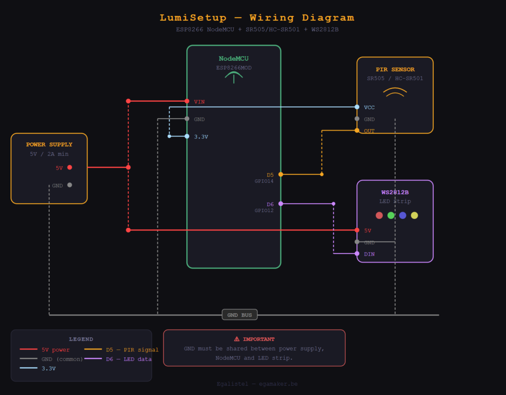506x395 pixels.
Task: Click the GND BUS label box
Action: click(240, 314)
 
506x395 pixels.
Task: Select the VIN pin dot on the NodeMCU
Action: click(187, 101)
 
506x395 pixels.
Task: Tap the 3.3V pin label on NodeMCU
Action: click(201, 136)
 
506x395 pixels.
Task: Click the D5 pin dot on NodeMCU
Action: click(281, 175)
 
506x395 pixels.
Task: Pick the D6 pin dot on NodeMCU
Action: click(281, 204)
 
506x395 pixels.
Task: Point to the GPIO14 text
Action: click(264, 181)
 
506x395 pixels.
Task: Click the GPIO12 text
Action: click(264, 211)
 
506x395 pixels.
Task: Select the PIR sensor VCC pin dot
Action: click(357, 107)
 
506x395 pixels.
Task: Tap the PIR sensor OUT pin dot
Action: click(357, 131)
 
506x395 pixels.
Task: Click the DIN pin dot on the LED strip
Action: click(357, 254)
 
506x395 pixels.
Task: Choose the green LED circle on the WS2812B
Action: click(391, 215)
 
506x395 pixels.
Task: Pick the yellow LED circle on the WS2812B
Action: click(414, 215)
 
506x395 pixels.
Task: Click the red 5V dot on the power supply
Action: click(70, 168)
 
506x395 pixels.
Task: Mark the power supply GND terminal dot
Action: click(70, 185)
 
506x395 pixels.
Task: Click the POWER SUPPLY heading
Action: click(49, 145)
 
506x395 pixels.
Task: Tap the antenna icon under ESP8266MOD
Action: click(234, 76)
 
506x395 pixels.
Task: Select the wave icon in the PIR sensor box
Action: click(395, 92)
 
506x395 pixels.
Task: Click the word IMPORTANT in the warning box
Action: click(258, 339)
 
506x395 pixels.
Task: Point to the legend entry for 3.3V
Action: click(48, 368)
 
